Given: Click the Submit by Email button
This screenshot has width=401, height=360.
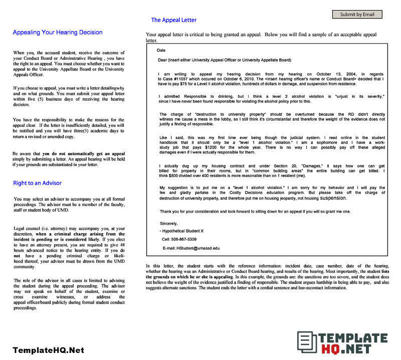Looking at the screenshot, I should click(357, 15).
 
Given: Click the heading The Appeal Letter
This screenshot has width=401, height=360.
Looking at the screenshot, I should click(173, 20).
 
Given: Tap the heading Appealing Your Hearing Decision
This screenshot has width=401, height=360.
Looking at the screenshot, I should click(57, 33).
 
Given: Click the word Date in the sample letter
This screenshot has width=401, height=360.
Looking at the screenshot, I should click(161, 51).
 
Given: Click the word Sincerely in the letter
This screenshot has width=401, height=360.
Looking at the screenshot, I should click(169, 223).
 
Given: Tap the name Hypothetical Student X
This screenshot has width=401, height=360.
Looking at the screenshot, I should click(183, 231).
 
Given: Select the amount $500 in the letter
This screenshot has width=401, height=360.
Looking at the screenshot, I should click(172, 176).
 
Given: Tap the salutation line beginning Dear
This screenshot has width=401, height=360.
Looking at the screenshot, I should click(224, 60).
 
